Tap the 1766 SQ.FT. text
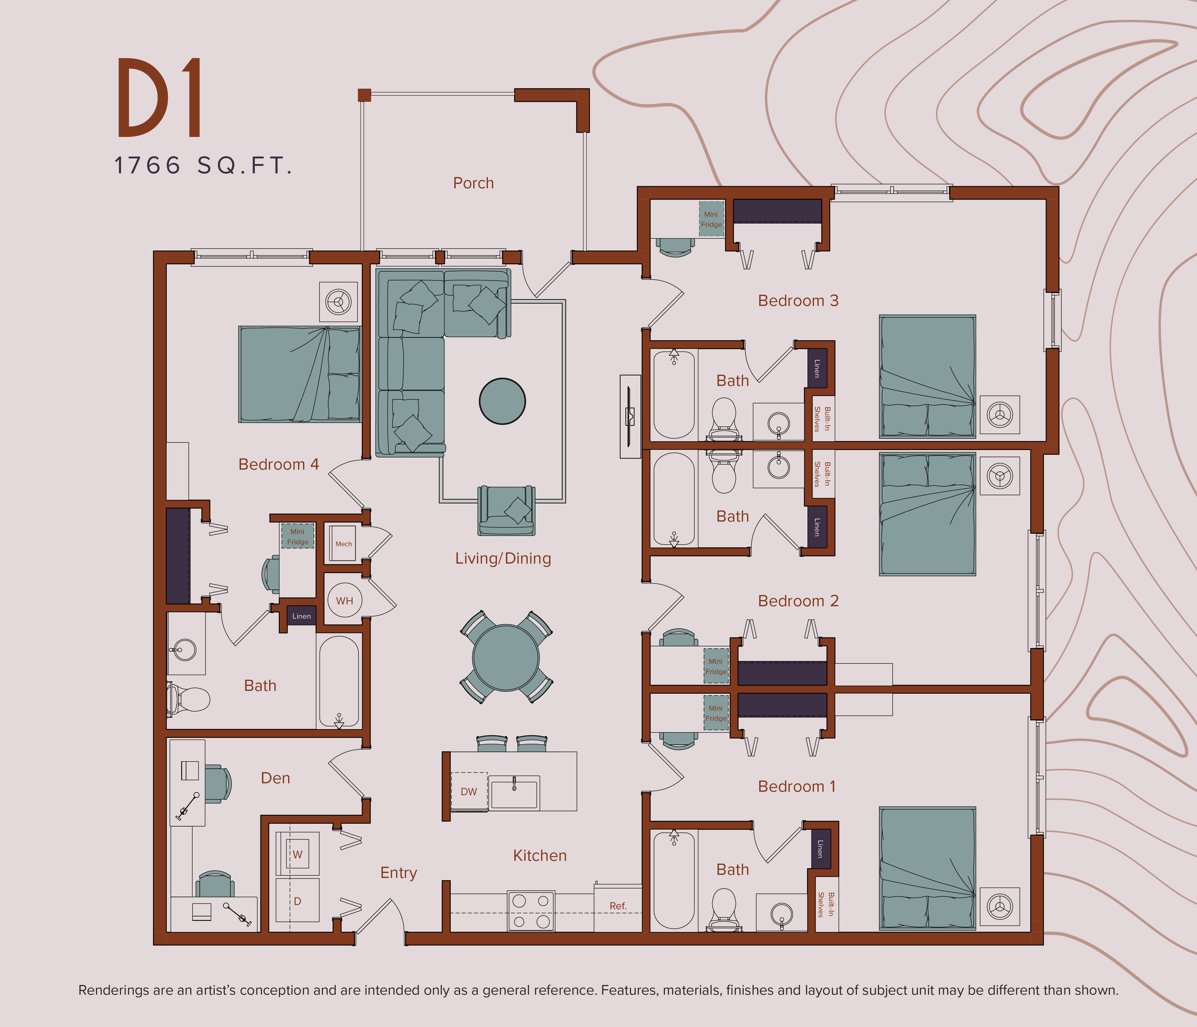203,166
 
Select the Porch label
473,183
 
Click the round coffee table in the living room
502,401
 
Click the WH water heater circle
344,600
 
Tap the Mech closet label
343,544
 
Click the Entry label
398,873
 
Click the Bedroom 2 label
798,601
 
